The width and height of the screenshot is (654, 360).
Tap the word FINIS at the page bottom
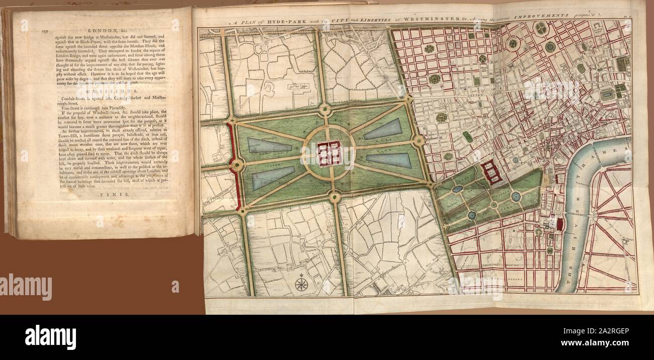109,193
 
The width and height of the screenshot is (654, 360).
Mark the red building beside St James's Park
492,172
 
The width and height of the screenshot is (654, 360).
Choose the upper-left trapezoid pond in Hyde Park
270,146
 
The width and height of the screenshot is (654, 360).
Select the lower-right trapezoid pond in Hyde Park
389,161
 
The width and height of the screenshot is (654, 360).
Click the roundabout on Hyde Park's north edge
325,110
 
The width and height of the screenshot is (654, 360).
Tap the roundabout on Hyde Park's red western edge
237,164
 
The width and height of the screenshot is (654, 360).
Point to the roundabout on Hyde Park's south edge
335,197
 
